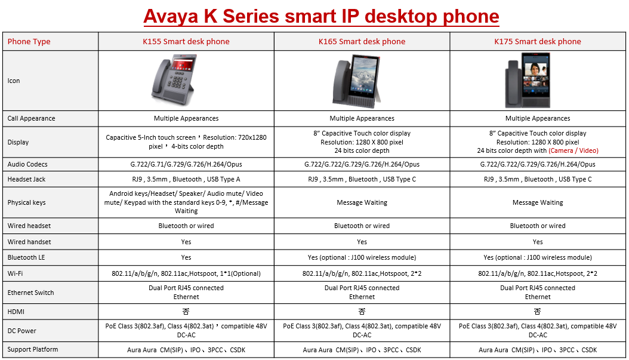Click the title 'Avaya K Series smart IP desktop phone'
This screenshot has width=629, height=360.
point(321,16)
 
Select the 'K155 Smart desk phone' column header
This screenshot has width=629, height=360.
point(186,41)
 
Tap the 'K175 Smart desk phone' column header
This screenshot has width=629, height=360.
point(538,41)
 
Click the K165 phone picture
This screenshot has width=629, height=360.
point(357,81)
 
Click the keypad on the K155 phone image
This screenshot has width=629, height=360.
point(177,81)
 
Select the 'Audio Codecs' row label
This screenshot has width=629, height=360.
point(27,164)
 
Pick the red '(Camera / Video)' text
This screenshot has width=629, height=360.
point(573,150)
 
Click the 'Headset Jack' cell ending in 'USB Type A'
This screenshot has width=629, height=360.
point(186,179)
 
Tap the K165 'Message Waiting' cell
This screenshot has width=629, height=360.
point(362,202)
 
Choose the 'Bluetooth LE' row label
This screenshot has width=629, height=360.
point(26,257)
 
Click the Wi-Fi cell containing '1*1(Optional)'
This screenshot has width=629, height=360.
point(186,273)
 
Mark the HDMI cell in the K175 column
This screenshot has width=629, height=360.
point(538,312)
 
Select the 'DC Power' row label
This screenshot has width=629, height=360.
point(21,331)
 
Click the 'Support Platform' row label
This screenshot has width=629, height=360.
point(32,350)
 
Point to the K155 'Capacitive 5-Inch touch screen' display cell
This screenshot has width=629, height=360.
point(186,142)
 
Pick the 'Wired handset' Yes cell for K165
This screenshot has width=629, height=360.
point(362,242)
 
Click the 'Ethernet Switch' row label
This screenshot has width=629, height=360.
point(30,293)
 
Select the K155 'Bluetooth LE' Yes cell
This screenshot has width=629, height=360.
point(186,258)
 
